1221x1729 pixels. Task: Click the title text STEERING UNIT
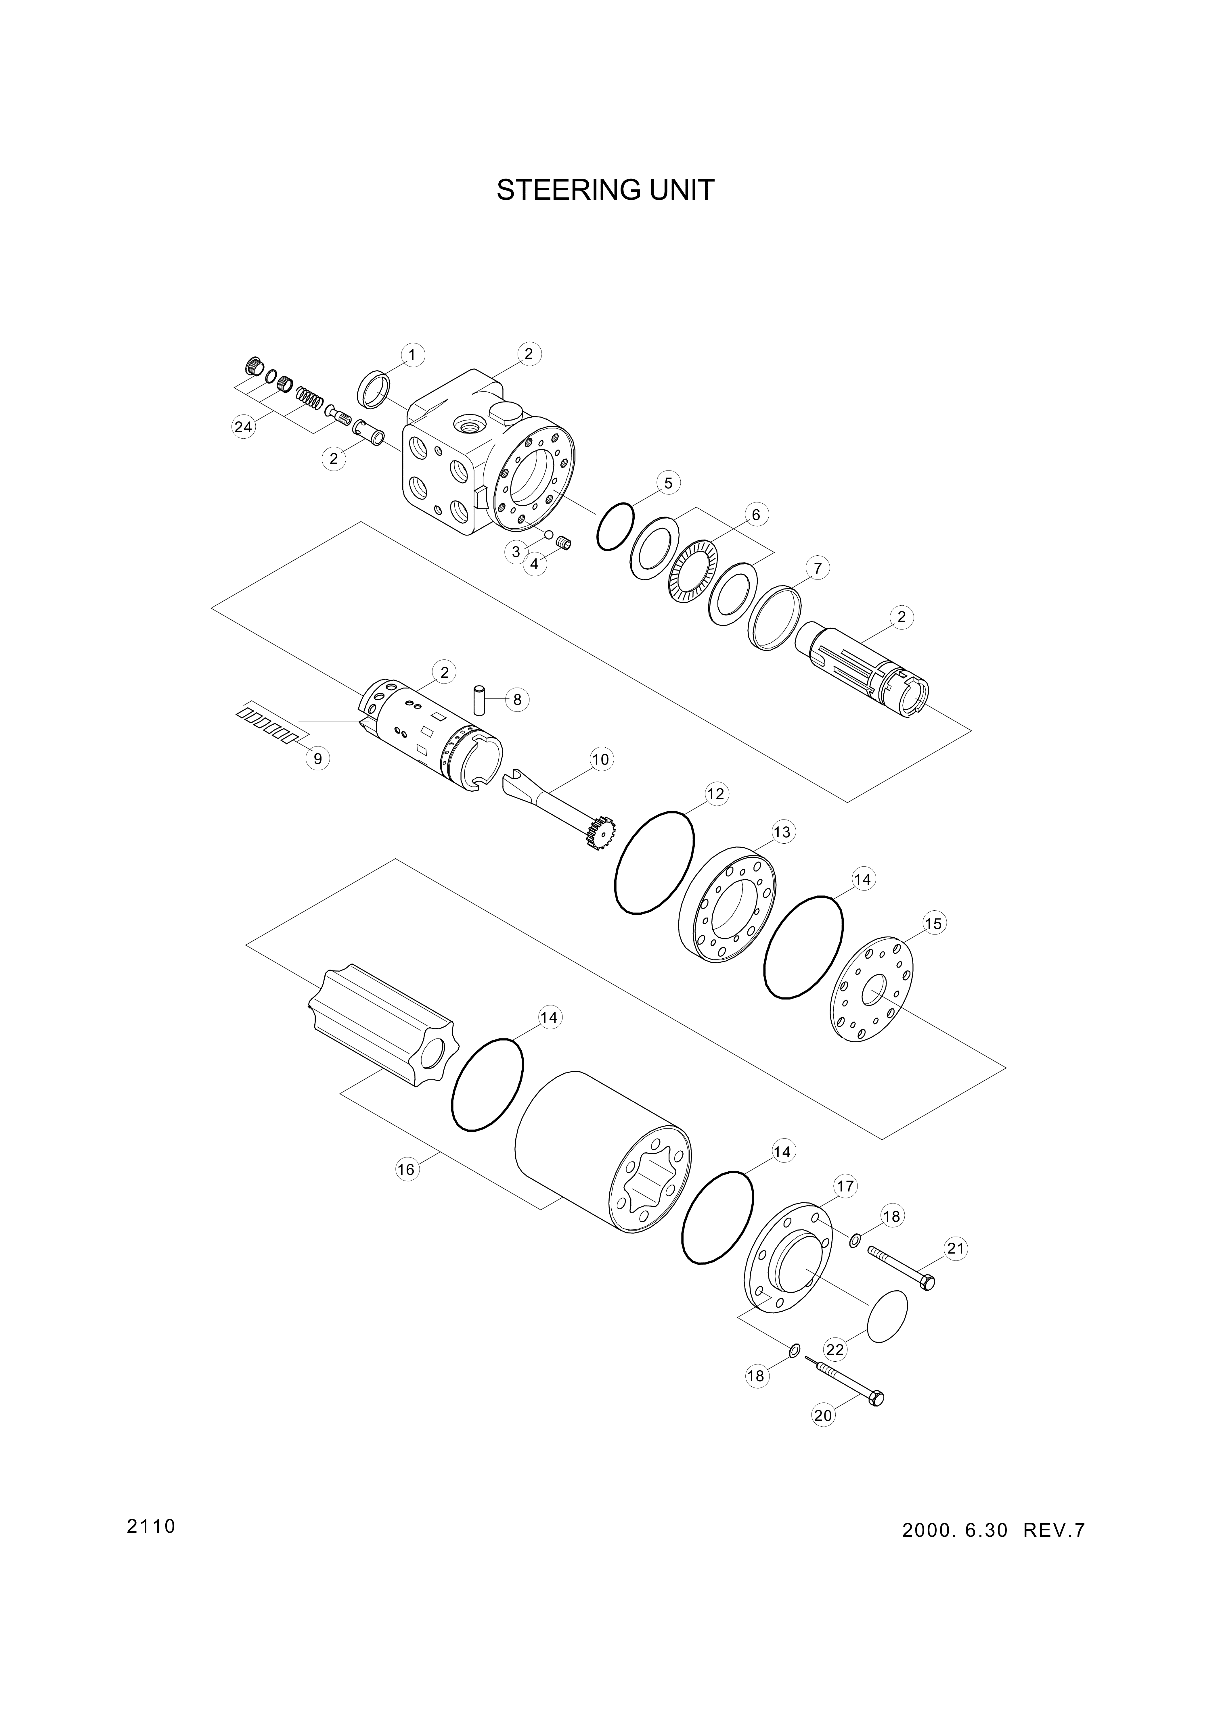(605, 191)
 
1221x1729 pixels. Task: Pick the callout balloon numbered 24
(242, 427)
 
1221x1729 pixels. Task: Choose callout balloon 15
(933, 923)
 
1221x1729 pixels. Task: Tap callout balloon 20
(823, 1415)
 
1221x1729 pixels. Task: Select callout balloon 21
(955, 1249)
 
